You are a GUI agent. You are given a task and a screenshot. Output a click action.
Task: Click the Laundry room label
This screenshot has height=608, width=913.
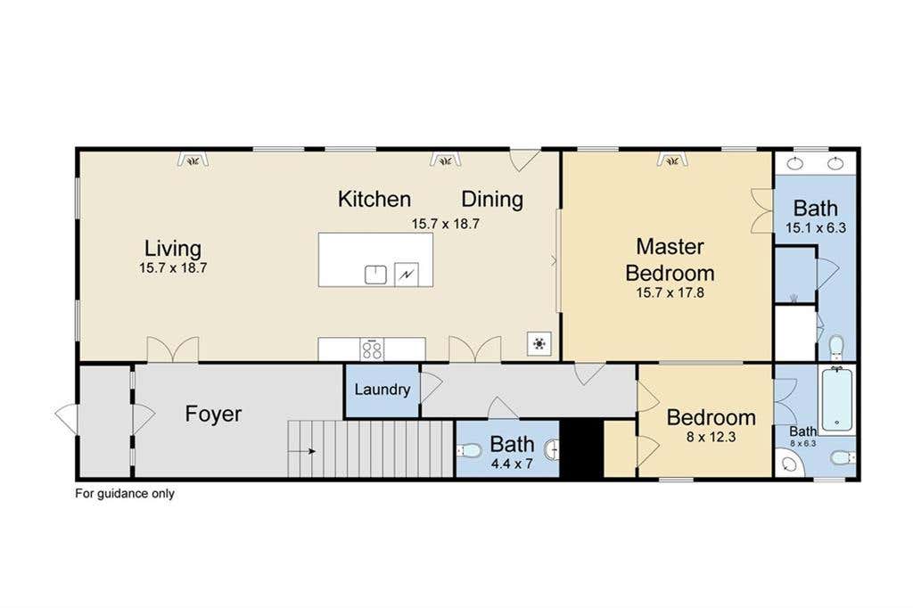[x=382, y=389]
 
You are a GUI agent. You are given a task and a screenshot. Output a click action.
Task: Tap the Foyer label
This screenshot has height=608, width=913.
[x=213, y=414]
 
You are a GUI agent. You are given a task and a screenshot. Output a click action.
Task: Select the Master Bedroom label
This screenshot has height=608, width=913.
[x=670, y=259]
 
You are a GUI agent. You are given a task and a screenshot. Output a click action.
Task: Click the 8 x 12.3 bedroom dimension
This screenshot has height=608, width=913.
[x=711, y=437]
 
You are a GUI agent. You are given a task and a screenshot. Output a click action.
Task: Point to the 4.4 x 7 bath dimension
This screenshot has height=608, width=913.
[x=512, y=464]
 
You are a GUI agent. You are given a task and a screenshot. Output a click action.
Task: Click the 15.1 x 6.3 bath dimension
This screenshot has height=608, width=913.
[x=816, y=227]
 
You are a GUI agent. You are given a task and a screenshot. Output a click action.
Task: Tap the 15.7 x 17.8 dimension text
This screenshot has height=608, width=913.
[x=670, y=293]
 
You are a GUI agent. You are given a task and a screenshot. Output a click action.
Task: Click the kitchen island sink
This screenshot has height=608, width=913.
[x=375, y=275]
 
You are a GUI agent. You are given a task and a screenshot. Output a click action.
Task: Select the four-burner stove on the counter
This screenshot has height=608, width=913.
[x=372, y=349]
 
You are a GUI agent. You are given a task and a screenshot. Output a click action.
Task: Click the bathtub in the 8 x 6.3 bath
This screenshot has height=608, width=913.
[x=836, y=399]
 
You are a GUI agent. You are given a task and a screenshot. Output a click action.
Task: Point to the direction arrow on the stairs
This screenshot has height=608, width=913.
[x=302, y=451]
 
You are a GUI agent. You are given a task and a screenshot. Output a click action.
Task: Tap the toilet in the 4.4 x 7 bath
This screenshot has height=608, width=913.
[x=469, y=450]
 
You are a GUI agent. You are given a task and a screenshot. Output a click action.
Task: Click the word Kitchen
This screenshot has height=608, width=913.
[x=374, y=199]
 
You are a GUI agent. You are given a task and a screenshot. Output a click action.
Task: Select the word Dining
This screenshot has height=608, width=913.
[x=492, y=200]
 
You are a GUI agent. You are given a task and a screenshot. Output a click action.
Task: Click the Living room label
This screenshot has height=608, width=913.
[x=173, y=249]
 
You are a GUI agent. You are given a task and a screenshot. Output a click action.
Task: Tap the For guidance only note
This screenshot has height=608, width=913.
[x=125, y=494]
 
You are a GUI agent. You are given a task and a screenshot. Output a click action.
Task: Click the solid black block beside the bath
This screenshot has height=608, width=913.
[x=581, y=448]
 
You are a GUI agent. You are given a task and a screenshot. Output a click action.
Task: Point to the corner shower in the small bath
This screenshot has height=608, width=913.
[x=790, y=464]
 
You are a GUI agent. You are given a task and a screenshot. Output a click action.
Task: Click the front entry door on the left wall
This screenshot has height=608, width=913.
[x=66, y=415]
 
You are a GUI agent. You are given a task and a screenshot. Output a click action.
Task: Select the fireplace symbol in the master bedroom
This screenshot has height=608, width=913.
[x=672, y=159]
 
